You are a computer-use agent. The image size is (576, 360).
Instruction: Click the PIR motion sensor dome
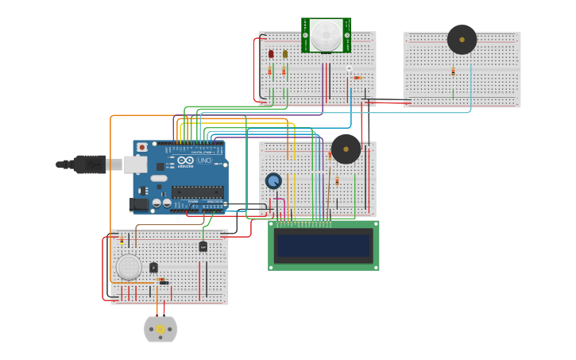pyautogui.click(x=326, y=34)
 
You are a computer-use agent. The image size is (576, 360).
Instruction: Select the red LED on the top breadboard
pyautogui.click(x=271, y=54)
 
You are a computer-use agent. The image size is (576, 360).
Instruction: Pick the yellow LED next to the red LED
pyautogui.click(x=284, y=54)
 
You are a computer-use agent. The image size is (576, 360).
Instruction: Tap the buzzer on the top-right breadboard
pyautogui.click(x=462, y=39)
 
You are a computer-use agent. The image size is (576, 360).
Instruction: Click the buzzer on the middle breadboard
pyautogui.click(x=346, y=149)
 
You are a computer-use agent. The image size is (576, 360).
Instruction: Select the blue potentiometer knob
pyautogui.click(x=273, y=181)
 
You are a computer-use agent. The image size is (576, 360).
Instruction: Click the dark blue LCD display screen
pyautogui.click(x=323, y=246)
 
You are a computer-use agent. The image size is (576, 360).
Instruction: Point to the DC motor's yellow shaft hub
pyautogui.click(x=160, y=329)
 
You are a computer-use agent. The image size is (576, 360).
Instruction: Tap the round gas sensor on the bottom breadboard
pyautogui.click(x=128, y=267)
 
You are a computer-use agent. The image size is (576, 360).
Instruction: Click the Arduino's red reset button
pyautogui.click(x=142, y=147)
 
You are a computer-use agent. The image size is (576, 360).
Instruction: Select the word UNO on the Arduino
pyautogui.click(x=203, y=161)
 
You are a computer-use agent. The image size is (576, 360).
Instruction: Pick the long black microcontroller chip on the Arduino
pyautogui.click(x=197, y=191)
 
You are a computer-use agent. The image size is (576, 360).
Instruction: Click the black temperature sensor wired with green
pyautogui.click(x=203, y=246)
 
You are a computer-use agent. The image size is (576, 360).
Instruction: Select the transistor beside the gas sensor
pyautogui.click(x=153, y=268)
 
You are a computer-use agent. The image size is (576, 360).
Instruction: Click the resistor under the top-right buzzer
pyautogui.click(x=453, y=72)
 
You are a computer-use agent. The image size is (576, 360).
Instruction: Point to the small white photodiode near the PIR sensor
pyautogui.click(x=348, y=69)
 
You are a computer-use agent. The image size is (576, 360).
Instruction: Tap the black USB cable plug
pyautogui.click(x=89, y=164)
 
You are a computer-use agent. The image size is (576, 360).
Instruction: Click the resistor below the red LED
pyautogui.click(x=269, y=72)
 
